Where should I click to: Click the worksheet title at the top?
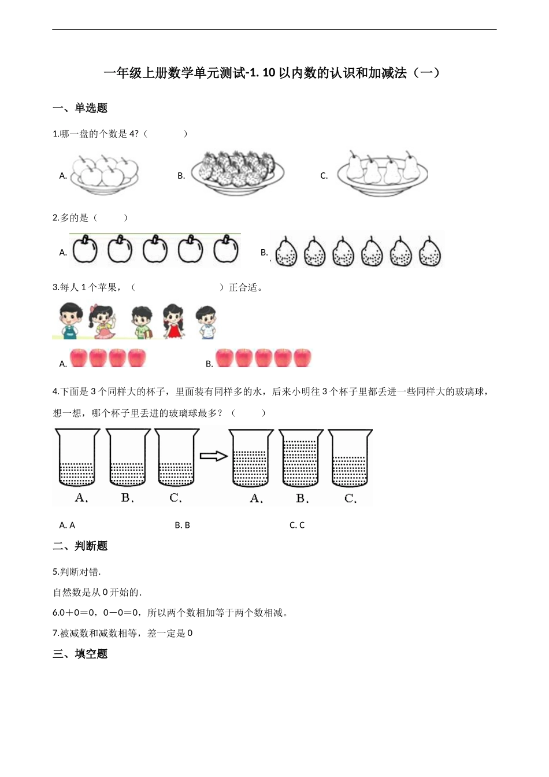click(272, 73)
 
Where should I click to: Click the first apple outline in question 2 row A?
click(85, 250)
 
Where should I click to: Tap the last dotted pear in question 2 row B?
click(429, 252)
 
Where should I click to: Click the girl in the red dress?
click(173, 321)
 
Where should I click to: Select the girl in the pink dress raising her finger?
click(104, 321)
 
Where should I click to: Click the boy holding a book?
click(142, 322)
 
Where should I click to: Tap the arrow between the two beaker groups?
click(213, 456)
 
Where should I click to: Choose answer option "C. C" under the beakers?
click(297, 526)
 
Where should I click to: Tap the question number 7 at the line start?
click(55, 634)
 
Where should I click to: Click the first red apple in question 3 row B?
click(224, 358)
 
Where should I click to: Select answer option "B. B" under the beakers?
click(182, 526)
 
